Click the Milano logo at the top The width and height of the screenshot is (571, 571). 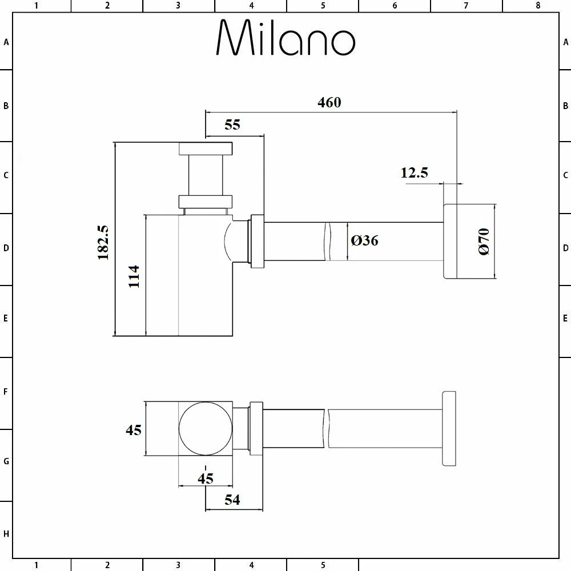[285, 38]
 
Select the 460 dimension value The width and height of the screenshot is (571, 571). [329, 102]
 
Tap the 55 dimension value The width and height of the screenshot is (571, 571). [232, 125]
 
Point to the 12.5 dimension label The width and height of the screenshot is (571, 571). [414, 172]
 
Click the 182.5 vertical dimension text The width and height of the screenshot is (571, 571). [103, 242]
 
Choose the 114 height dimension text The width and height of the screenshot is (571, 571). [134, 276]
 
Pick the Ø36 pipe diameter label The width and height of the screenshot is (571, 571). [365, 241]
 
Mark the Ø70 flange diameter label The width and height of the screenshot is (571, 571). [484, 241]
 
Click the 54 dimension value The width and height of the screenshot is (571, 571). [232, 500]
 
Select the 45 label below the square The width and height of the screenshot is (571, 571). [206, 478]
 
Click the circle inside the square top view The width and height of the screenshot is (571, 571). [206, 429]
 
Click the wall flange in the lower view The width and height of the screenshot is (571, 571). [449, 429]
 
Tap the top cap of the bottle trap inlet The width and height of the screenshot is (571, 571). [206, 148]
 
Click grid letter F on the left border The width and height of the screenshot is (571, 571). [6, 392]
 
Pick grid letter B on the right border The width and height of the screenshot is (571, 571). [565, 106]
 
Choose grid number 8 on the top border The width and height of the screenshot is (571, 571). [537, 6]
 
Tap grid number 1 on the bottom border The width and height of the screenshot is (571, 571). [36, 565]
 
